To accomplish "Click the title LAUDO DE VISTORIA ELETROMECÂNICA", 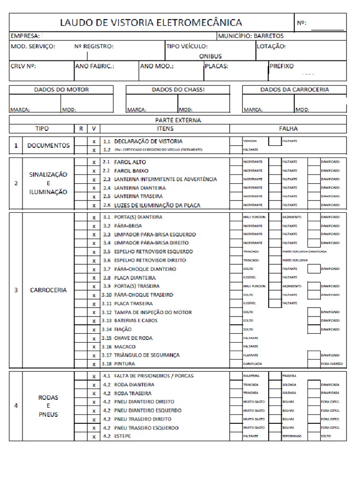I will (x=150, y=22).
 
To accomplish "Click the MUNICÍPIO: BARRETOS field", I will (x=251, y=36).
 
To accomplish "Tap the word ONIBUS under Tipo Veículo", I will (x=210, y=56).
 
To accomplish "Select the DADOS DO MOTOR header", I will (x=61, y=89).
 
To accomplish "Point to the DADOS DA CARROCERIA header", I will (x=294, y=89).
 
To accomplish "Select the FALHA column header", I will (x=288, y=128).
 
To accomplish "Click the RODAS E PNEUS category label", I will (x=48, y=405).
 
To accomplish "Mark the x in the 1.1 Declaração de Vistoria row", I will (x=94, y=141).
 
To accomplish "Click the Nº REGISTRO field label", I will (x=94, y=46).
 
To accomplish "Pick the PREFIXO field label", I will (x=282, y=66).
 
